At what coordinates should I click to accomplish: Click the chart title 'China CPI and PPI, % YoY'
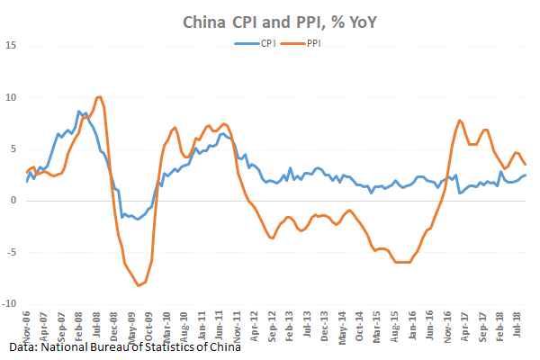(x=269, y=20)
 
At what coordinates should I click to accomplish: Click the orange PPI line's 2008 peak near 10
(x=99, y=96)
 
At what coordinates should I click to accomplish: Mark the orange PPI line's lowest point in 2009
(x=139, y=285)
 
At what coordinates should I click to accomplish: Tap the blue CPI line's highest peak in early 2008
(x=79, y=111)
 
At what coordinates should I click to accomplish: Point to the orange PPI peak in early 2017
(x=460, y=120)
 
